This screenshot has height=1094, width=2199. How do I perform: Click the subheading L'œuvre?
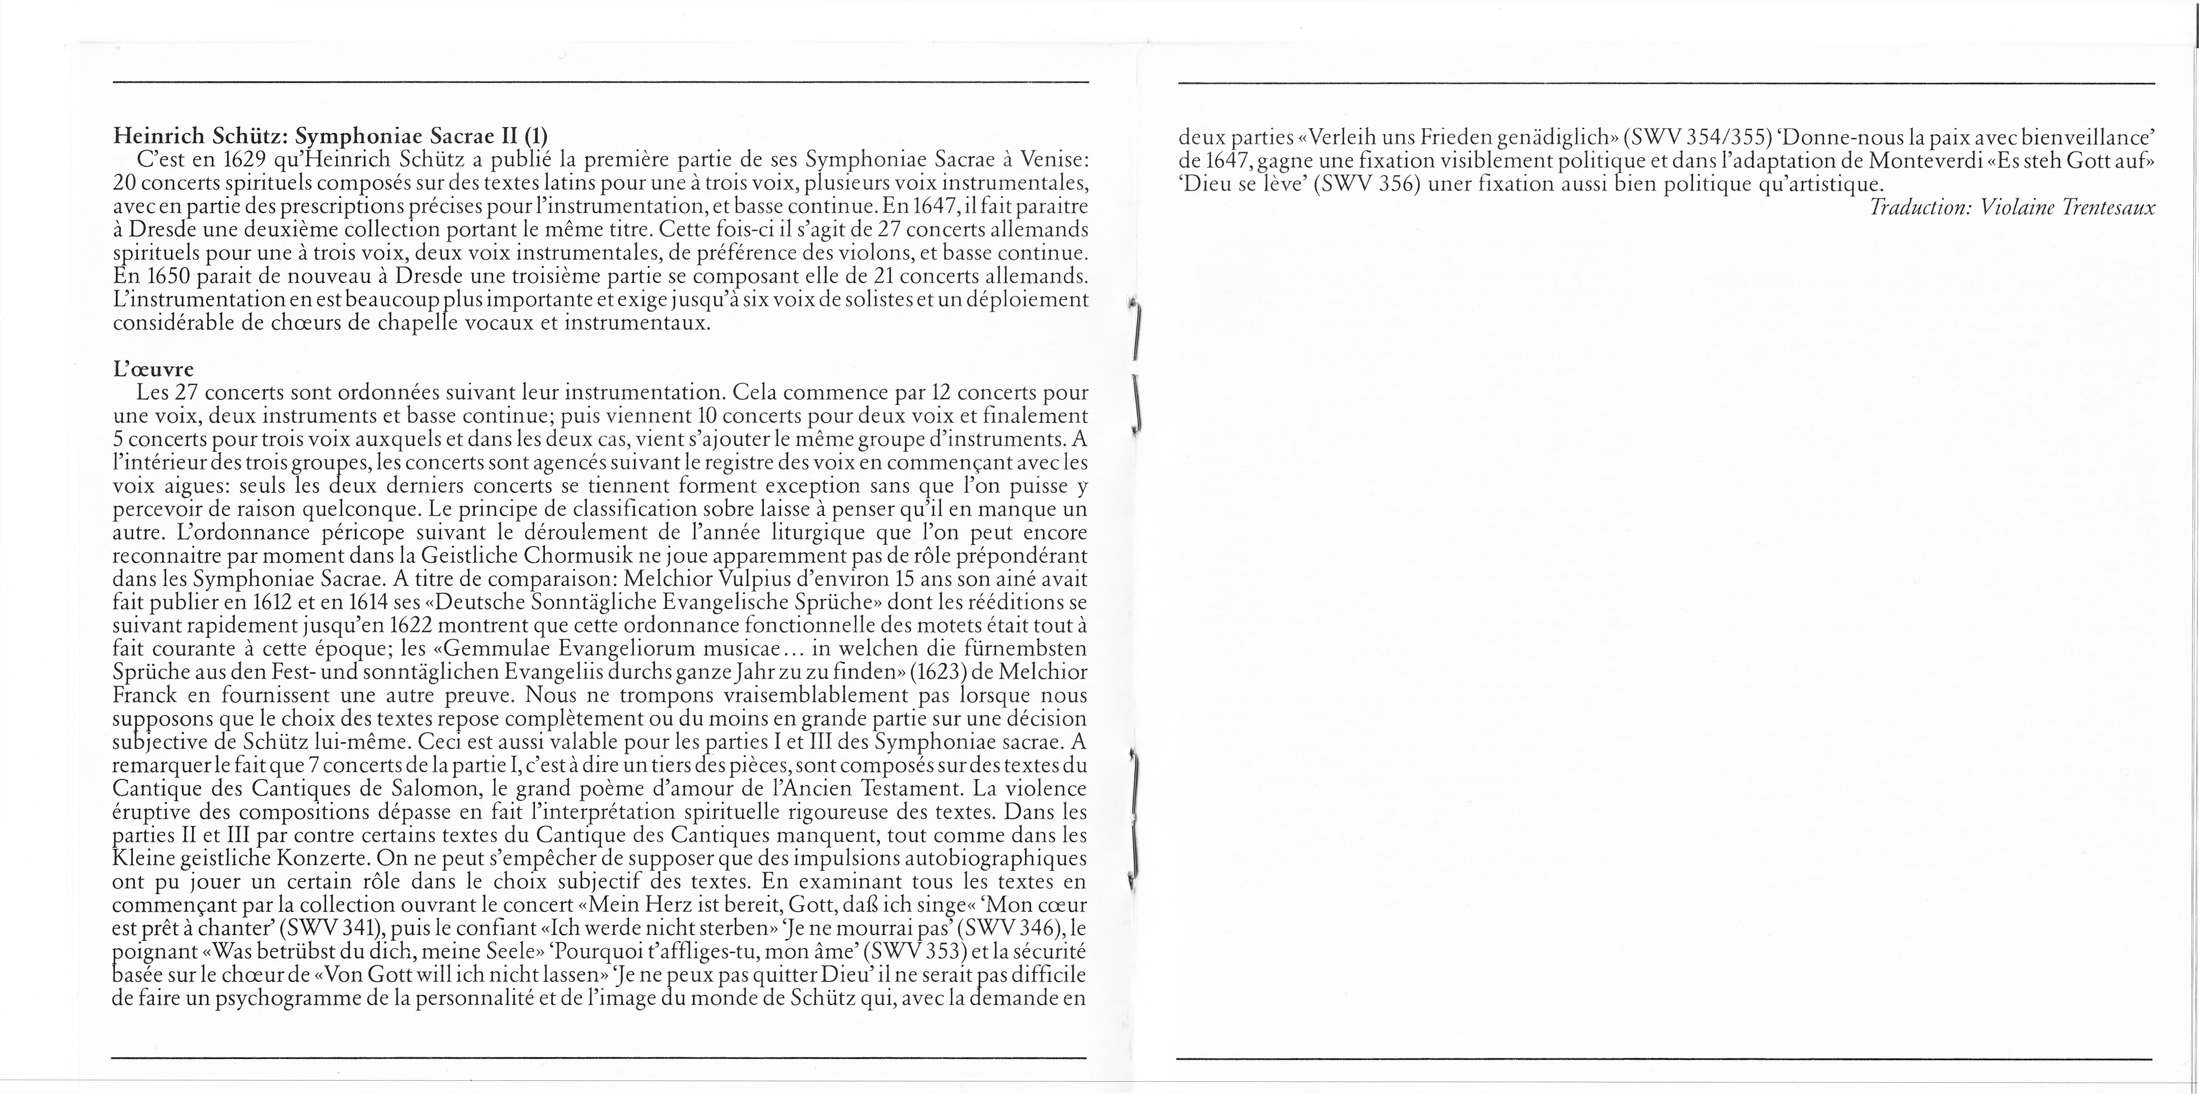154,370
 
